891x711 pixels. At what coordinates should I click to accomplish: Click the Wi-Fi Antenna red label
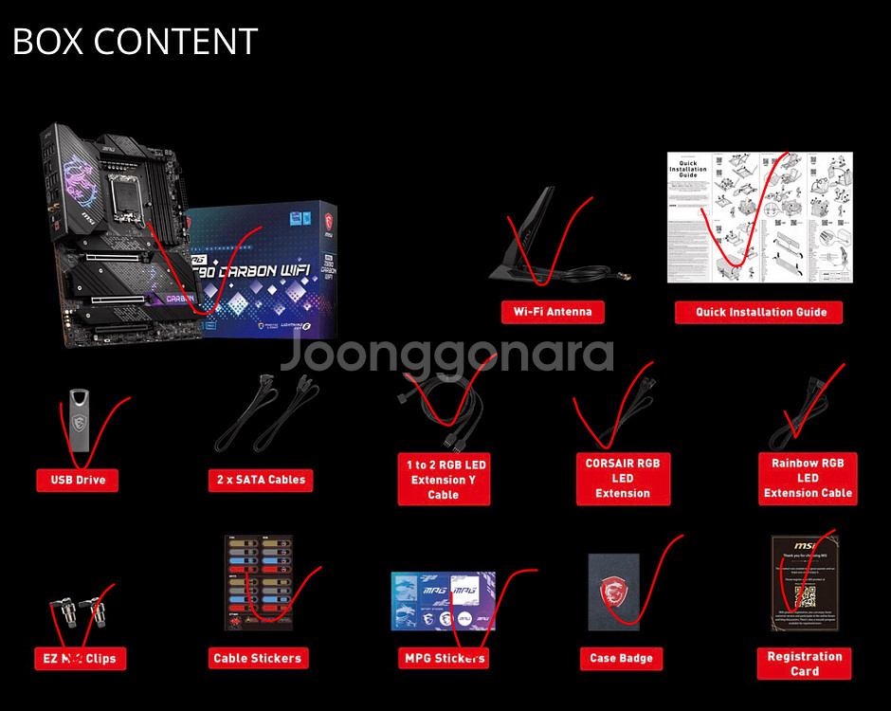[x=553, y=312]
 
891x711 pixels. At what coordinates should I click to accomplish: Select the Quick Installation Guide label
[x=760, y=312]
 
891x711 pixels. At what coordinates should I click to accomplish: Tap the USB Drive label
[x=78, y=480]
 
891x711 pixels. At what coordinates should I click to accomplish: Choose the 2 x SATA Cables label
[x=260, y=480]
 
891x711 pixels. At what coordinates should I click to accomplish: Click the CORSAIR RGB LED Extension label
[x=622, y=478]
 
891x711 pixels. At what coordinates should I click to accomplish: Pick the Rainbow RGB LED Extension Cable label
[x=808, y=478]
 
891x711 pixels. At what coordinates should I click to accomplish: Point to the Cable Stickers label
[x=257, y=658]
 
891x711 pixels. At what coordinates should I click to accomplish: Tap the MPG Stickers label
[x=444, y=658]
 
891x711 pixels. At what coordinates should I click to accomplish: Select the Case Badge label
[x=621, y=658]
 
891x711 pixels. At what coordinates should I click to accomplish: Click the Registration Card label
[x=804, y=664]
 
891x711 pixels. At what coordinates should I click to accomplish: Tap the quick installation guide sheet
[x=759, y=217]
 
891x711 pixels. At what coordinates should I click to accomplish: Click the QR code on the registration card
[x=804, y=597]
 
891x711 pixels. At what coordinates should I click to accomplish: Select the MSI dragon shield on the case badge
[x=614, y=594]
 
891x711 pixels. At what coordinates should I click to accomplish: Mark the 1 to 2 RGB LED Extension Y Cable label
[x=444, y=479]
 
